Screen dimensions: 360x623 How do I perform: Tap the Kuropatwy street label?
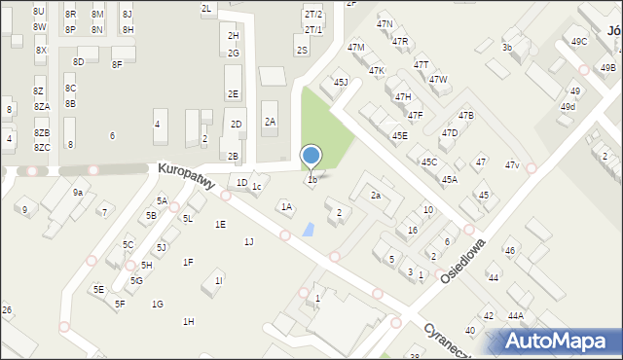tap(185, 177)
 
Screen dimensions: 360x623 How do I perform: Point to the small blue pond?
tap(309, 230)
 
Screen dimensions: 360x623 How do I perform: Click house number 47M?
tap(355, 47)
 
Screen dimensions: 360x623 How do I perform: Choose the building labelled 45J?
tap(341, 83)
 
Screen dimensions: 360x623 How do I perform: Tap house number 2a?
tap(375, 196)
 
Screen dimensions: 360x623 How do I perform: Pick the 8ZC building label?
tap(42, 147)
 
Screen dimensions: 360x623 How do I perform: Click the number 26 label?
tap(7, 309)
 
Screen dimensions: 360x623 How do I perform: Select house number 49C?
tap(579, 42)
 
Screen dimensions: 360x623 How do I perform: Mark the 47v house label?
tap(512, 164)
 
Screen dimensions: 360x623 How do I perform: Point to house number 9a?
tap(77, 193)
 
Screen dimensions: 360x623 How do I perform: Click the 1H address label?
tap(188, 321)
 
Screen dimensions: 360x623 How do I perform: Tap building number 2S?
tap(302, 51)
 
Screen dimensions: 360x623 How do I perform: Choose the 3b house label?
tap(506, 47)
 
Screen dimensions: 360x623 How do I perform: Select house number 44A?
tap(515, 315)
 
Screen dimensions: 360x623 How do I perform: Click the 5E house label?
tap(98, 289)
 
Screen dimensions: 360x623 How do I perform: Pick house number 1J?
tap(248, 241)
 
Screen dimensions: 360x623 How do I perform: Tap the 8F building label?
tap(117, 64)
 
